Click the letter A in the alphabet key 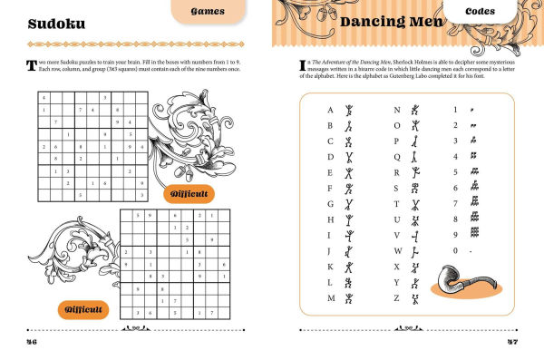click(x=330, y=110)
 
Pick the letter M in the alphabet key click(x=330, y=298)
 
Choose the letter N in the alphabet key click(x=397, y=110)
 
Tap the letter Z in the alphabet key click(x=397, y=298)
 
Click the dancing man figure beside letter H click(x=347, y=219)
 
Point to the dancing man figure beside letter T click(x=415, y=204)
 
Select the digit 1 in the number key click(x=454, y=110)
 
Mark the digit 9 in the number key click(x=454, y=236)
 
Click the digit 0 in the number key click(x=454, y=251)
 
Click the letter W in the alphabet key click(x=397, y=251)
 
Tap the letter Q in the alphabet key click(x=397, y=157)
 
